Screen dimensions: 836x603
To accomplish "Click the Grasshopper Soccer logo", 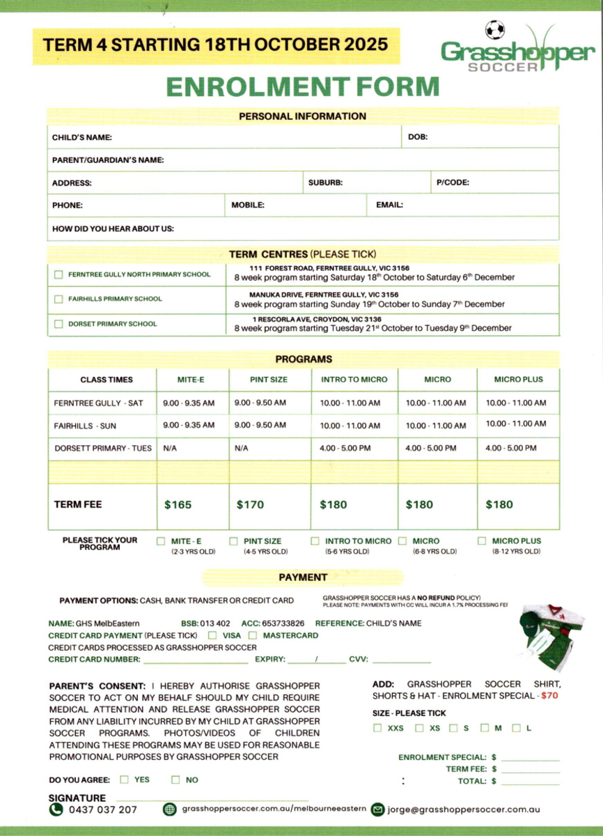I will coord(517,49).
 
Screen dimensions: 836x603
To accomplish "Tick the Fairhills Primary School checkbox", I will coord(58,300).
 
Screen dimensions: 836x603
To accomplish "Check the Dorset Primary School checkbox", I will coord(58,324).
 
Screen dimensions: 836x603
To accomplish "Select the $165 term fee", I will coord(178,504).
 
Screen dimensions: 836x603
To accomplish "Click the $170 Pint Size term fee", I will coord(250,504).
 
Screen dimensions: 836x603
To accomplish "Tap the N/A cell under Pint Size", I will coord(242,448).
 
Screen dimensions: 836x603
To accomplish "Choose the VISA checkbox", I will coord(212,635).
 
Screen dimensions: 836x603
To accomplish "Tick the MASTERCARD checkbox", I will coord(253,635).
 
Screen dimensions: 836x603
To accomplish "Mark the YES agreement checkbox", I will coord(125,780).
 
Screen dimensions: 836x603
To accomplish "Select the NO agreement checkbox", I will coord(175,780).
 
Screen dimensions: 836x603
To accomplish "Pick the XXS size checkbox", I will coord(377,728).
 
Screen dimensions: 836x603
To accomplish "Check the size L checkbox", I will coord(516,728).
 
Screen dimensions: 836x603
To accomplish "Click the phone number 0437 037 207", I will coord(102,810).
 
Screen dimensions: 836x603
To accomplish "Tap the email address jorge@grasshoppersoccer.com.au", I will coord(463,810).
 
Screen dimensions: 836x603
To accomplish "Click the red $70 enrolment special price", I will coord(549,695).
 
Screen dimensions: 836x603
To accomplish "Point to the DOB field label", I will coord(418,137).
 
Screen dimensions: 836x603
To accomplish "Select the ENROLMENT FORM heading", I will coord(302,86).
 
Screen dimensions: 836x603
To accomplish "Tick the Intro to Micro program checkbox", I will coord(315,541).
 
